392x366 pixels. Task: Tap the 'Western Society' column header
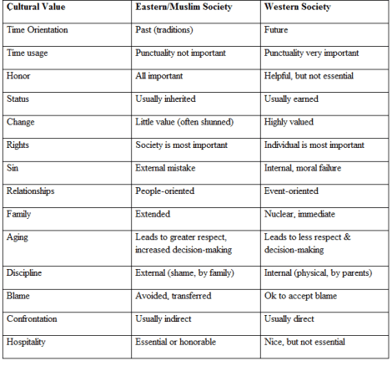point(299,8)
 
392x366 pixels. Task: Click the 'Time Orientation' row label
point(37,30)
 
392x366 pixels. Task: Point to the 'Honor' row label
point(19,76)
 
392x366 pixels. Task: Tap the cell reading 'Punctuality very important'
point(315,53)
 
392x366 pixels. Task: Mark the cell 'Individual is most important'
point(314,145)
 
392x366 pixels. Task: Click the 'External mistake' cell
point(169,168)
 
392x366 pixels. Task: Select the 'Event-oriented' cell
point(293,191)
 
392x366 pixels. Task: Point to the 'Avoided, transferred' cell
point(173,296)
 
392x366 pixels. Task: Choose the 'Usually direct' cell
point(293,319)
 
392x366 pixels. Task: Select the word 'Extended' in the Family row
point(153,214)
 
